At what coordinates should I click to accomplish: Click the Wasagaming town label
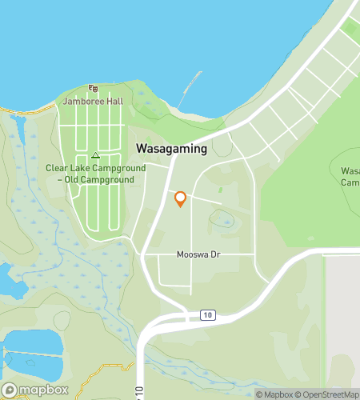pos(171,149)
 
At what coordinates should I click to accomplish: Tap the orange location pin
pos(180,198)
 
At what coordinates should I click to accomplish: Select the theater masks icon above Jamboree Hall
pos(94,89)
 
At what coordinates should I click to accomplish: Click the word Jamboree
pos(82,102)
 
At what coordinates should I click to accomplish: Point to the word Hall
pos(112,102)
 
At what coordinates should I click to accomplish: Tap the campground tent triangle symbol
pos(95,155)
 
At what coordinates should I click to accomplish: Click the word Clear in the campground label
pos(57,169)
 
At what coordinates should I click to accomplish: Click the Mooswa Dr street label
pos(198,255)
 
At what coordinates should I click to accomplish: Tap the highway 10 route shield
pos(208,316)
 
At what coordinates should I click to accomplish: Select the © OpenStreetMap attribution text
pos(328,394)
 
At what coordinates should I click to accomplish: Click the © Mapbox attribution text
pos(274,394)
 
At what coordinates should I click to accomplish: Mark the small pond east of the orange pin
pos(222,218)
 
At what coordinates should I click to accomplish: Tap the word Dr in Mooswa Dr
pos(214,255)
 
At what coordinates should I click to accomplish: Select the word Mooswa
pos(192,255)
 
